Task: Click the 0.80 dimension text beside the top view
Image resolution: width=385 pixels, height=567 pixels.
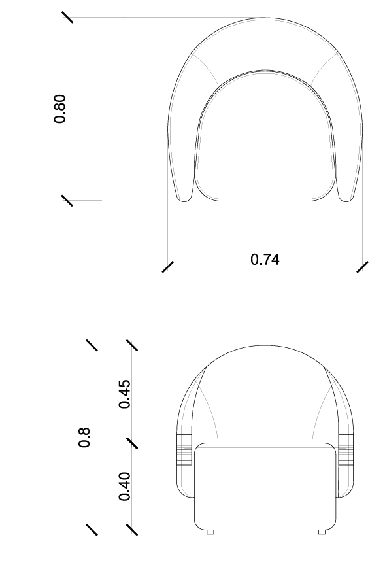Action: coord(59,109)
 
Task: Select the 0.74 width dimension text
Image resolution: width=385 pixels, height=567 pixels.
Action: coord(265,259)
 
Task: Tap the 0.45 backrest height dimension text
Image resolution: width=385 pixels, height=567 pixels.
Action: coord(125,393)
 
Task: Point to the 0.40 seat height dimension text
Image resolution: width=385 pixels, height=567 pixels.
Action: coord(125,486)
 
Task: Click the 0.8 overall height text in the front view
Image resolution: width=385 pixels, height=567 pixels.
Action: coord(84,437)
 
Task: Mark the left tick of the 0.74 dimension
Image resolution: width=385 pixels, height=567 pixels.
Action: coord(168,267)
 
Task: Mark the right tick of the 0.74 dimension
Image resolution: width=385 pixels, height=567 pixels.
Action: coord(362,267)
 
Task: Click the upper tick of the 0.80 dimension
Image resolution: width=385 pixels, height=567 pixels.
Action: coord(67,18)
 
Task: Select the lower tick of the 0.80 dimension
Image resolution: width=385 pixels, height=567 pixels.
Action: coord(67,200)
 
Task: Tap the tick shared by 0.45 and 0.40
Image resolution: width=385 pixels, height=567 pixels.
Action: coord(132,443)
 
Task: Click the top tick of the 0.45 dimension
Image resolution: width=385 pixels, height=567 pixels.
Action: coord(132,345)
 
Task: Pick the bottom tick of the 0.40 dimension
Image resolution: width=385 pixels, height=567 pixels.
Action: coord(132,529)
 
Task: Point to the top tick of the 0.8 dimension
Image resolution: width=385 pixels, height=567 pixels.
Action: coord(92,345)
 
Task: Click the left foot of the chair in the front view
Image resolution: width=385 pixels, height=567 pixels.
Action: coord(210,532)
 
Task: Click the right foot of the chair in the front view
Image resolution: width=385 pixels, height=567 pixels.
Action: coord(322,532)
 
